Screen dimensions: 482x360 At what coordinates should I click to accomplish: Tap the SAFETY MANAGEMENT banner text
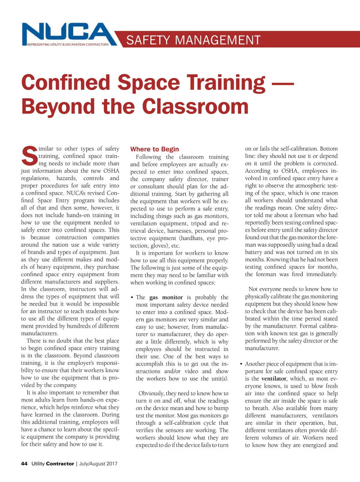click(193, 40)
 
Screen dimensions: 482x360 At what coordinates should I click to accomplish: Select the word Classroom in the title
click(195, 107)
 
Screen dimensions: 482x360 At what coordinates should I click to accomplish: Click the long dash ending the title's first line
click(282, 83)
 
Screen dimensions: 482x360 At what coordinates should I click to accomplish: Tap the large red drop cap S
click(29, 156)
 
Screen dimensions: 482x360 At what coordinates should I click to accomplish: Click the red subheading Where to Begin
click(154, 149)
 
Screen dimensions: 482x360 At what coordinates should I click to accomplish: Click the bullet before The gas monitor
click(132, 298)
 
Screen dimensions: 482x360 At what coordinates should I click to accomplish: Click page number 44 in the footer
click(24, 464)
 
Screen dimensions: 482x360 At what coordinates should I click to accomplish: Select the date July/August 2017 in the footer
click(98, 464)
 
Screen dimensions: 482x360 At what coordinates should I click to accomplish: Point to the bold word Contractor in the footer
click(60, 464)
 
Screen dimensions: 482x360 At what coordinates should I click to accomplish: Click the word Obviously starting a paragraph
click(151, 393)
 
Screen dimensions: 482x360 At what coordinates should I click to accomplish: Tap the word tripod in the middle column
click(199, 224)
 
